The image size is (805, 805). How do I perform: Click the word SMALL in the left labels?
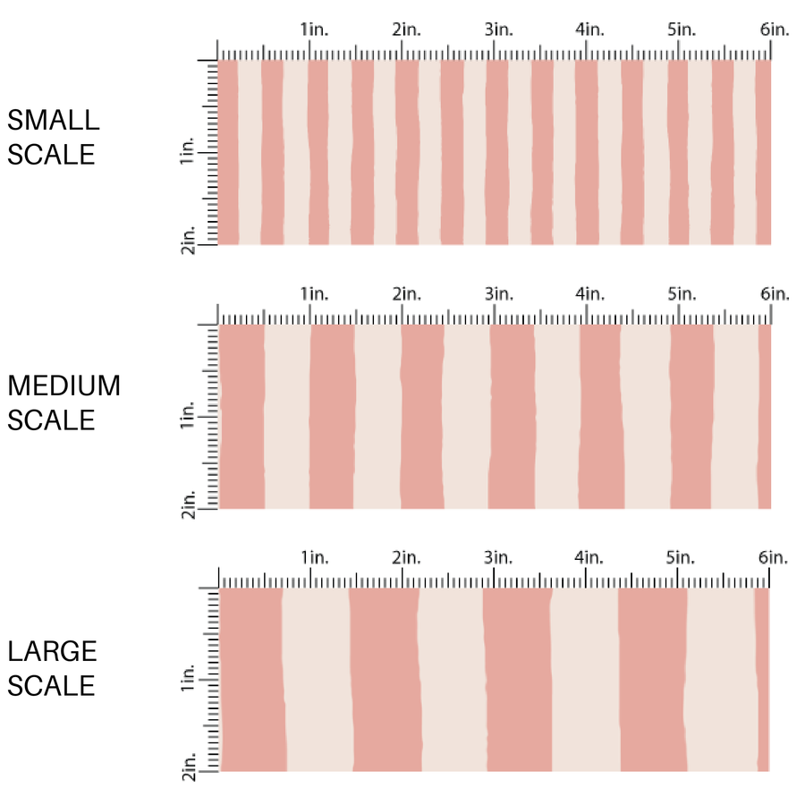coord(53,120)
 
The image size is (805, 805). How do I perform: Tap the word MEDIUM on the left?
coord(64,386)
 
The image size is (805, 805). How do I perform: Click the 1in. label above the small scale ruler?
coord(314,30)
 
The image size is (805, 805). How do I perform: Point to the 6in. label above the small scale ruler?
coord(775,30)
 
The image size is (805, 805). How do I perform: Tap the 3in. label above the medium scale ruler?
coord(499,293)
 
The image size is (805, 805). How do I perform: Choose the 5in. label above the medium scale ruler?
coord(682,293)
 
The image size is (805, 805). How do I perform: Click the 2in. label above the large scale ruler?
coord(406,558)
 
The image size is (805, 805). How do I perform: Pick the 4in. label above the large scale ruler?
coord(590,558)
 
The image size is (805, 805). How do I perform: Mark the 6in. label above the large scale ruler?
coord(775,558)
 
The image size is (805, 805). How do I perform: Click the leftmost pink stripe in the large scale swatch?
coord(251,680)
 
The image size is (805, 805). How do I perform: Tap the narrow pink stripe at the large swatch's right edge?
coord(762,680)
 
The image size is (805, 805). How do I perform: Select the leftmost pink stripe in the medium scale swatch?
coord(241,417)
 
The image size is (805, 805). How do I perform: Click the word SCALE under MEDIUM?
coord(51,420)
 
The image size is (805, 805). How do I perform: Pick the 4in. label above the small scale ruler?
coord(590,30)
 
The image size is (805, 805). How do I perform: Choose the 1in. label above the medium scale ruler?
coord(314,293)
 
